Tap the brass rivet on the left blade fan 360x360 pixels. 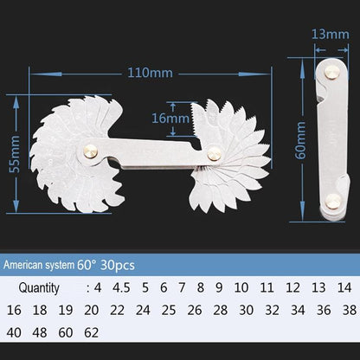click(x=90, y=149)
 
